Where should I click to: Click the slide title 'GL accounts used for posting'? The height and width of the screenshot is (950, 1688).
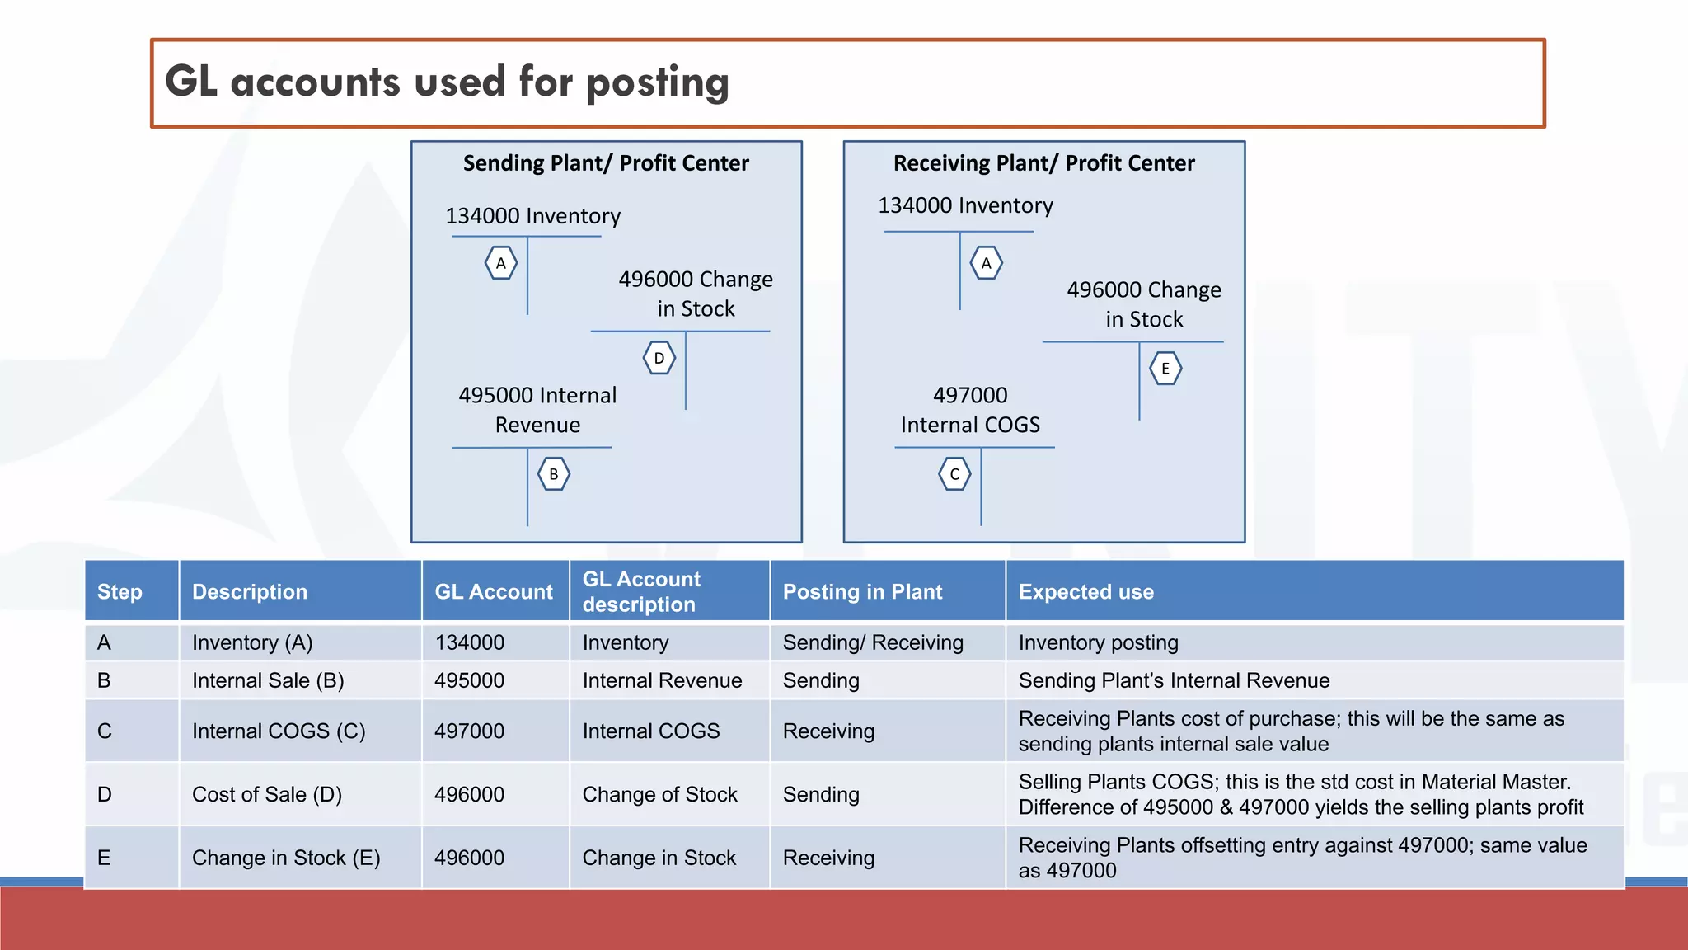[x=447, y=82]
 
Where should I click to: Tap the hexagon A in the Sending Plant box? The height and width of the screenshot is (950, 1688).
[x=501, y=263]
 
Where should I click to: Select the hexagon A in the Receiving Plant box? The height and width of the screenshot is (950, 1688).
[x=987, y=263]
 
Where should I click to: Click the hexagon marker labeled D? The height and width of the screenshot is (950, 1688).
[x=659, y=358]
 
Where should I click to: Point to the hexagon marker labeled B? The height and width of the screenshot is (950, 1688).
[x=554, y=474]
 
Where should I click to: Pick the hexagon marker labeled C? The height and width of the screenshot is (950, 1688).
[x=954, y=474]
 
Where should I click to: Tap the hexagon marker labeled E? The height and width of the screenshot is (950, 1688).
[x=1165, y=369]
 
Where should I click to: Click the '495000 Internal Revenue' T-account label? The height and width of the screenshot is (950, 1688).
[x=537, y=410]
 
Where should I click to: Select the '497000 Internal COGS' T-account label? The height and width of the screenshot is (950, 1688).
[x=970, y=410]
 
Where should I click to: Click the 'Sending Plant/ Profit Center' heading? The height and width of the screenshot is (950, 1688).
[x=606, y=163]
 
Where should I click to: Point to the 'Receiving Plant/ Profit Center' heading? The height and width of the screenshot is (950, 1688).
[x=1043, y=163]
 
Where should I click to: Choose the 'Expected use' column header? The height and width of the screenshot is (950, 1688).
[x=1085, y=591]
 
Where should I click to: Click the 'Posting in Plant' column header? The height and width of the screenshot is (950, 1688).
[x=862, y=591]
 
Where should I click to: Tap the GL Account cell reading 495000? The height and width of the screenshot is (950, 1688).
[x=470, y=680]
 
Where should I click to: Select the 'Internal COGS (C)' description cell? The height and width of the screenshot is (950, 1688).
[x=279, y=731]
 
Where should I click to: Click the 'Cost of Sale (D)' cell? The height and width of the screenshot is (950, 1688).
[x=267, y=794]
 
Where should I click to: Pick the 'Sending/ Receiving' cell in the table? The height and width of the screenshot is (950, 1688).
[x=873, y=642]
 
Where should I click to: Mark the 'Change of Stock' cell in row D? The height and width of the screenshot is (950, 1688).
[x=659, y=794]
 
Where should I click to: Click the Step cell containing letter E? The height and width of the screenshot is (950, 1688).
[x=104, y=858]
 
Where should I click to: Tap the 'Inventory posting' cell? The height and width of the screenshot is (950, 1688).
[x=1098, y=642]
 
